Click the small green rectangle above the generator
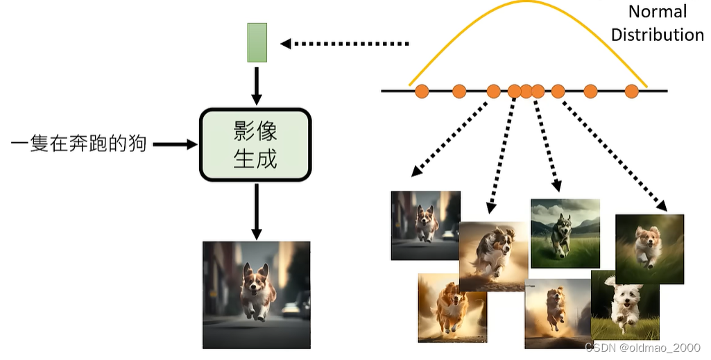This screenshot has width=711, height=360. click(257, 42)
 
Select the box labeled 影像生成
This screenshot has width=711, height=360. click(255, 144)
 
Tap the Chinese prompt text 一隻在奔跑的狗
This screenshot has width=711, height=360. click(79, 144)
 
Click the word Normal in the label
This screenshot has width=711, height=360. click(657, 12)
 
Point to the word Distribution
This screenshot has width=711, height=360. click(657, 35)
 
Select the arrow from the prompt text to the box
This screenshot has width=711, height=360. click(175, 144)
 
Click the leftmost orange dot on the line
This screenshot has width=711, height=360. click(422, 91)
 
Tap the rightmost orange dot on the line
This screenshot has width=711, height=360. click(631, 91)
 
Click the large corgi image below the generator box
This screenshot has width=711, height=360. click(256, 294)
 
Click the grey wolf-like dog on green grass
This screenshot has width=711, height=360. click(565, 233)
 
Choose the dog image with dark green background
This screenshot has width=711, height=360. click(649, 248)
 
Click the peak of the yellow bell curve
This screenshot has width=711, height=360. click(529, 3)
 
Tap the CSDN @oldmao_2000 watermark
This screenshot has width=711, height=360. click(642, 347)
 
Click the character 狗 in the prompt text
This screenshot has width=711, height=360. click(137, 144)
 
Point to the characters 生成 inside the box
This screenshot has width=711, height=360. click(255, 159)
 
